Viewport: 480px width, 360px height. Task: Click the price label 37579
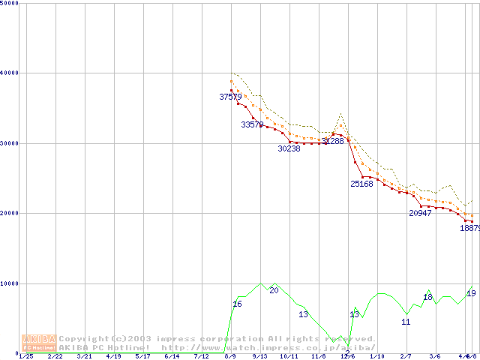point(230,97)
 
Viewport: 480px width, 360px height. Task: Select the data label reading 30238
point(289,149)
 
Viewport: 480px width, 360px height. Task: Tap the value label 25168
point(361,184)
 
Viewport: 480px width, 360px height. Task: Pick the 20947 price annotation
point(420,213)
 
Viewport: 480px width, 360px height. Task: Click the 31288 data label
point(332,141)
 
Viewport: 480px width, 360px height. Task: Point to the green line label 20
point(274,290)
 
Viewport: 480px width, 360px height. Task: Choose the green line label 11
point(406,322)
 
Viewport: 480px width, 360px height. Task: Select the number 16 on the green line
point(237,304)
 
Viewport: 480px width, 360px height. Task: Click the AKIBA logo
point(39,342)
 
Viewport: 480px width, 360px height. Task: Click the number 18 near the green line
point(428,298)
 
